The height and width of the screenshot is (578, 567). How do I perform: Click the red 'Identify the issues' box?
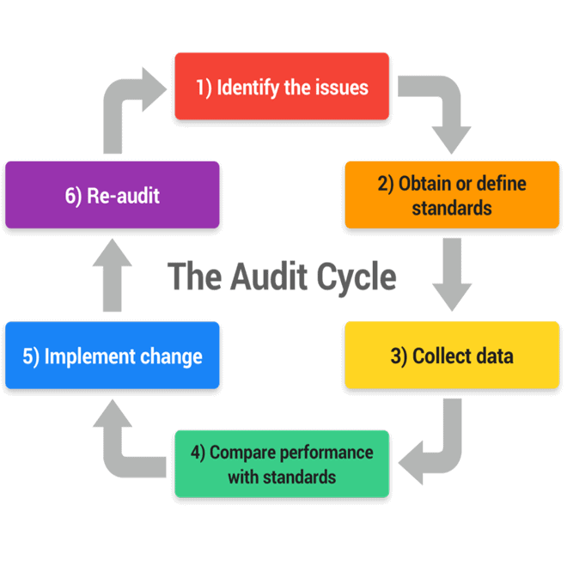coord(282,86)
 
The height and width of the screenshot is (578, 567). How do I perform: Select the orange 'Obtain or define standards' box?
coord(452,195)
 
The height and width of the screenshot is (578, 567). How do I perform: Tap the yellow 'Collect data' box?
coord(452,356)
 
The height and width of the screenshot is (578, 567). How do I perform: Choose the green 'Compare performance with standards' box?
coord(282,464)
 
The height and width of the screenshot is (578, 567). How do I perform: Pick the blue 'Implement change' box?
coord(112,356)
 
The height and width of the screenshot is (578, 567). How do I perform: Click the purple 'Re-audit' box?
coord(112,195)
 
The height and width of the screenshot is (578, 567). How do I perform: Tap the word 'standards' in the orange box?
coord(452,208)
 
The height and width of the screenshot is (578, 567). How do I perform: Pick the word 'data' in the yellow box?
coord(493,356)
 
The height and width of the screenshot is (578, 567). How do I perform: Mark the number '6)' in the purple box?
coord(73,195)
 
